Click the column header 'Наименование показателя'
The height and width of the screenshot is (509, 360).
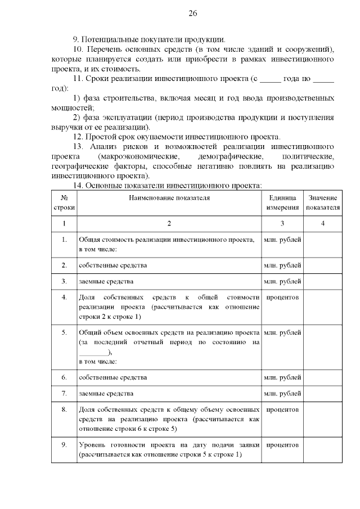169,198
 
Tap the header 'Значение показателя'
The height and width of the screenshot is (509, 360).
322,202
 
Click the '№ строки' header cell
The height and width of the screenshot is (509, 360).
64,202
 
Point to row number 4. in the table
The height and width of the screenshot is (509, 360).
64,297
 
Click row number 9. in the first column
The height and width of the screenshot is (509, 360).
64,445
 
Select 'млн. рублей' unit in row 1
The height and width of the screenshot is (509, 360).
282,240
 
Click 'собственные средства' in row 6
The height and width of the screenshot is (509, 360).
113,377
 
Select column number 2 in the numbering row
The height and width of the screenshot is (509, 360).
169,223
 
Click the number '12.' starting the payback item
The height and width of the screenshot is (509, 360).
79,137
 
